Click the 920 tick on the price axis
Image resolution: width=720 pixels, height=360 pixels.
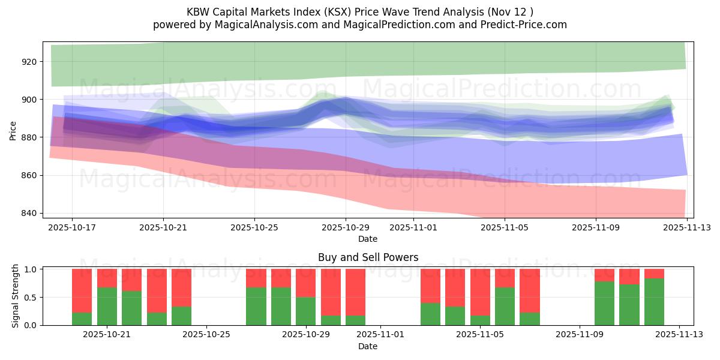[x=29, y=62]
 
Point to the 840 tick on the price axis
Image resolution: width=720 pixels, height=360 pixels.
[x=29, y=214]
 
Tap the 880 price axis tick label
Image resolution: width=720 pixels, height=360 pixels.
[x=29, y=137]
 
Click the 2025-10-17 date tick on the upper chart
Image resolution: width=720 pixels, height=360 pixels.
[x=72, y=227]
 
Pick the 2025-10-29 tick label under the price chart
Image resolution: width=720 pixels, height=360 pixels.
[x=346, y=227]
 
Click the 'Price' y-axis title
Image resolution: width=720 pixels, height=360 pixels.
[x=13, y=130]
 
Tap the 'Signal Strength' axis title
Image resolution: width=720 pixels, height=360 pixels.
[x=16, y=297]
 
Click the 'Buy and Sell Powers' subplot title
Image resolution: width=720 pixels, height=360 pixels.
[x=368, y=257]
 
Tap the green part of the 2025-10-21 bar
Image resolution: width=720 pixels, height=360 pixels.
[x=107, y=307]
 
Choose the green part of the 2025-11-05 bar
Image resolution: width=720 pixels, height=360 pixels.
[x=505, y=307]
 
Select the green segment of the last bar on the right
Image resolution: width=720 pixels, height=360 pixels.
[x=654, y=302]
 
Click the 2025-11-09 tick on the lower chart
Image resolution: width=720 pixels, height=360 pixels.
[x=580, y=335]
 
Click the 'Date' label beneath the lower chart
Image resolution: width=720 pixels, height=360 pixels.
[x=368, y=346]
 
